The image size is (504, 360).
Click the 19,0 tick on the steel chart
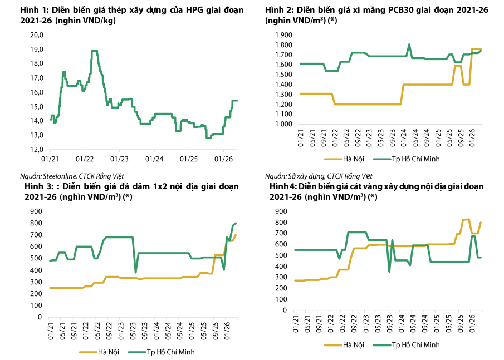pos(37,50)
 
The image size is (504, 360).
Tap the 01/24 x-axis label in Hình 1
pos(154,159)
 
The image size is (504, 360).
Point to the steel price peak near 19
pos(94,51)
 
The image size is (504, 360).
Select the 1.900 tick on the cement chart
pos(283,35)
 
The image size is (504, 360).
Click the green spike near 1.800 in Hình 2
pos(409,45)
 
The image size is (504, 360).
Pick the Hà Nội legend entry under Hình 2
pos(344,159)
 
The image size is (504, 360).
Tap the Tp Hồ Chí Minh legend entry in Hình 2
pos(407,159)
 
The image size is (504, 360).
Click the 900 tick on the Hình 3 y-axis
pos(36,211)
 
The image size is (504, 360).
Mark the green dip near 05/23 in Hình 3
pos(136,272)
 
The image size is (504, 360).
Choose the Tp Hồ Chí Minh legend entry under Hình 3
pos(162,352)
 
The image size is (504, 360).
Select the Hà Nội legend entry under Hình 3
pos(99,352)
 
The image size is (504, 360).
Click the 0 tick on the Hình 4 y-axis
pos(285,310)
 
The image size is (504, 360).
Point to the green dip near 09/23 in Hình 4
pos(389,271)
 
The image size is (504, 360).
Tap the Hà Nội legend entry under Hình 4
pos(344,345)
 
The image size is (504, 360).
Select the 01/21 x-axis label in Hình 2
pos(301,138)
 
